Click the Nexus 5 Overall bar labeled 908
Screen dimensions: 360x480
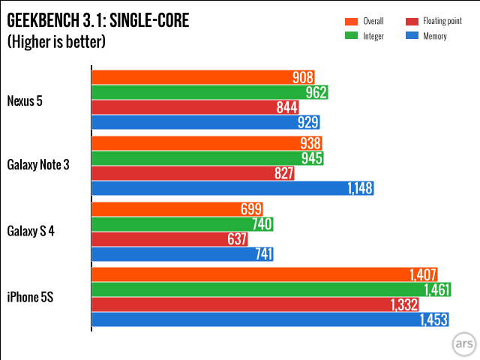click(x=202, y=76)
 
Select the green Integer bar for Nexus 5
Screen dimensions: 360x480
click(x=210, y=91)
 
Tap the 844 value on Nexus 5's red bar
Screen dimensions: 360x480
click(x=287, y=107)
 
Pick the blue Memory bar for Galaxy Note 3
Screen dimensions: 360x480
click(x=232, y=188)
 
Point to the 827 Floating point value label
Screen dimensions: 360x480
click(x=283, y=173)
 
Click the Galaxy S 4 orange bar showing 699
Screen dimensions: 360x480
click(x=177, y=208)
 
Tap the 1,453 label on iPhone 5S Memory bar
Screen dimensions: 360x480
click(x=433, y=320)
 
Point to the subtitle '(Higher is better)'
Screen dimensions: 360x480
click(x=56, y=42)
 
